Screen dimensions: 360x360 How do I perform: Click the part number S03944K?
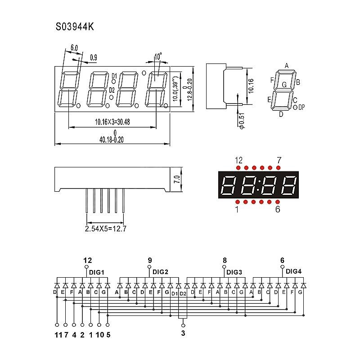[x=75, y=27]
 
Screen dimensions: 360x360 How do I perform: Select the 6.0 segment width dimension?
[x=74, y=47]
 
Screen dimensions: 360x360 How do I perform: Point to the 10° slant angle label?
[x=158, y=57]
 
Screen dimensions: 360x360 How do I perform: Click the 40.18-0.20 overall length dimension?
[x=112, y=139]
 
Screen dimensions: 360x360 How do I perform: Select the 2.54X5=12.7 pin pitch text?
[x=106, y=229]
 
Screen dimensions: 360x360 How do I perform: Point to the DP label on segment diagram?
[x=301, y=107]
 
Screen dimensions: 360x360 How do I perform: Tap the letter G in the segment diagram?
[x=284, y=84]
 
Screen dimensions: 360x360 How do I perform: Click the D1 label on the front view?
[x=114, y=76]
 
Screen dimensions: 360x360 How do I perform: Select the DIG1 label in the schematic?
[x=97, y=272]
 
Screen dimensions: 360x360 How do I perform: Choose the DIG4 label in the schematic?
[x=294, y=271]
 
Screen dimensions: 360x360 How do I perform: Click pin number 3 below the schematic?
[x=183, y=333]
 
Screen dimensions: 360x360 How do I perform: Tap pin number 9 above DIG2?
[x=150, y=260]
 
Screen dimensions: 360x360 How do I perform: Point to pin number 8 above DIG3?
[x=225, y=260]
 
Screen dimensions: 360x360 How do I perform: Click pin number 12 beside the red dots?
[x=238, y=160]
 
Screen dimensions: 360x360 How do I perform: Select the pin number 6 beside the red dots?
[x=278, y=209]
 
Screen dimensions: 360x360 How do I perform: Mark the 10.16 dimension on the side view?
[x=251, y=85]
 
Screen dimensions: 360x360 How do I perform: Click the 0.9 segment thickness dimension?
[x=94, y=57]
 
